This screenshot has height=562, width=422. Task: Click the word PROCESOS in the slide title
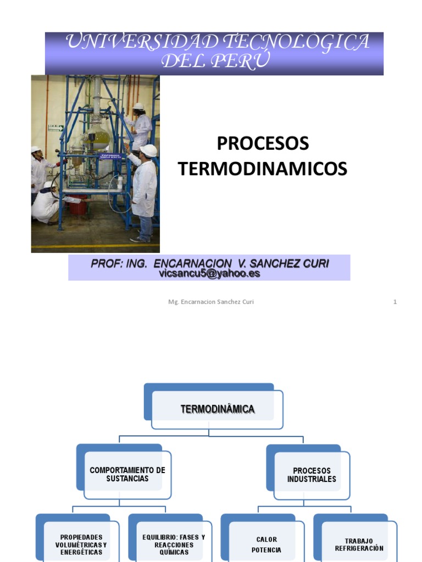263,144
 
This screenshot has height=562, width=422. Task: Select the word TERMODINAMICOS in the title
263,169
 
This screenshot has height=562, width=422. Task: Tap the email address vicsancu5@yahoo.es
209,273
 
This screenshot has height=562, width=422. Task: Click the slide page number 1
395,302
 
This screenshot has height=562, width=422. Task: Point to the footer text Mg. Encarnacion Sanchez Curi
211,302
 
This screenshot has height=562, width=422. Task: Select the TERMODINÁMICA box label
218,409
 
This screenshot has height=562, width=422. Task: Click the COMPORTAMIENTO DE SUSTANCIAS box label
127,474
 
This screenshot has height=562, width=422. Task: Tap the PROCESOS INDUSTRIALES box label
312,475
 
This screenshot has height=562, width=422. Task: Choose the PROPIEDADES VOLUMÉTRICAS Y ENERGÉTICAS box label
81,544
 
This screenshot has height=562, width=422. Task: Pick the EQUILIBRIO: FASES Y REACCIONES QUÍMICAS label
173,544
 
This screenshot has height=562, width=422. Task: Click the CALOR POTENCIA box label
266,544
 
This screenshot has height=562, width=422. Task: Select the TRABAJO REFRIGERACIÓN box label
359,544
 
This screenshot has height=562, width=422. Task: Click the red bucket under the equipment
78,205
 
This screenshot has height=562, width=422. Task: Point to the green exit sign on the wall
55,127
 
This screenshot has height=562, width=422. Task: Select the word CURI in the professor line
314,264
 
